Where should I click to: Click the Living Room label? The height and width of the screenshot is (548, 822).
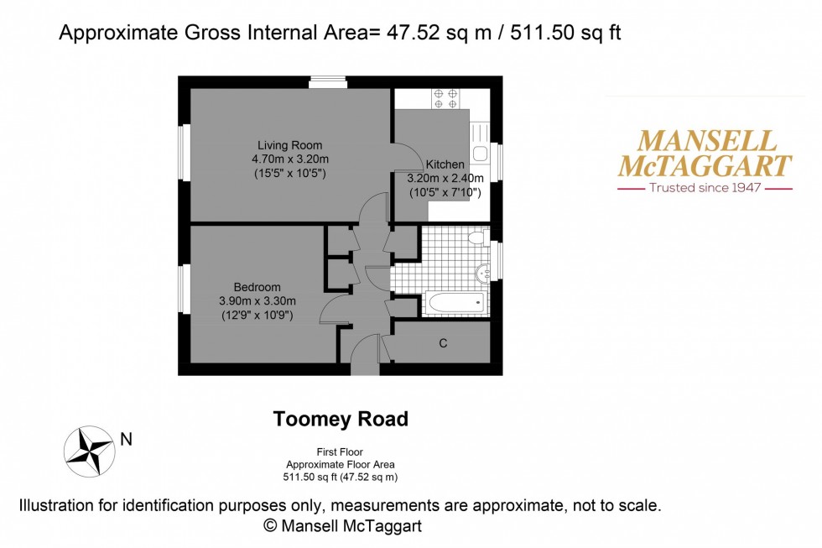(289, 145)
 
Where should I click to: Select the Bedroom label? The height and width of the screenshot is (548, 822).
(257, 287)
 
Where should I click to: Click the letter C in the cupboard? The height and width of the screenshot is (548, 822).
(443, 343)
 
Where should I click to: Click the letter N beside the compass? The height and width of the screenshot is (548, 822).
(126, 438)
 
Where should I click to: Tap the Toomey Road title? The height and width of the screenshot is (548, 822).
(341, 419)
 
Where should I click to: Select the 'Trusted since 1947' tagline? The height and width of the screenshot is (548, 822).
(705, 188)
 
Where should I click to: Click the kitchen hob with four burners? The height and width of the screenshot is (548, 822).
(445, 98)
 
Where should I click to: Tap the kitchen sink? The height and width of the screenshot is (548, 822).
(480, 154)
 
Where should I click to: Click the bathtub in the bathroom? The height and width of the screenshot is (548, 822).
(455, 303)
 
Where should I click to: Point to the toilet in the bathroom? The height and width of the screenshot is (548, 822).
(477, 237)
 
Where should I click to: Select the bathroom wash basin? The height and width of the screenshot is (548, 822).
(482, 272)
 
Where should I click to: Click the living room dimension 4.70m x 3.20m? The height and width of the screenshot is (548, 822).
(289, 159)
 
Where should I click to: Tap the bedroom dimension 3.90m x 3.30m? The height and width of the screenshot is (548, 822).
(257, 301)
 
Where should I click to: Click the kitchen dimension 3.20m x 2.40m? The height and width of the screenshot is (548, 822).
(445, 179)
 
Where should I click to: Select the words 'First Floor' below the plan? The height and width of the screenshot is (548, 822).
(340, 451)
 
